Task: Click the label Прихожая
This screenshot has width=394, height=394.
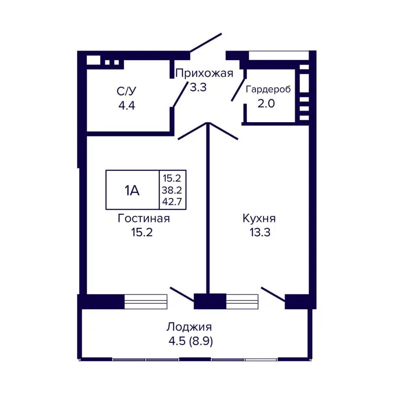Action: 204,74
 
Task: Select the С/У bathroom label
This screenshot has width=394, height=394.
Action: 126,91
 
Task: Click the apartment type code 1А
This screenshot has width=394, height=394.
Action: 131,190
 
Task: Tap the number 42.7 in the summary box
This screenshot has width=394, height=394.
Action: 172,200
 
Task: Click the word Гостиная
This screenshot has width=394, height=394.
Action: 144,219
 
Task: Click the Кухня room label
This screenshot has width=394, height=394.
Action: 259,219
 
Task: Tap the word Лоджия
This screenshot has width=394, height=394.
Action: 189,327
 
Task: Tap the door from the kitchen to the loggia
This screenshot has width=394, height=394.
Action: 273,293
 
